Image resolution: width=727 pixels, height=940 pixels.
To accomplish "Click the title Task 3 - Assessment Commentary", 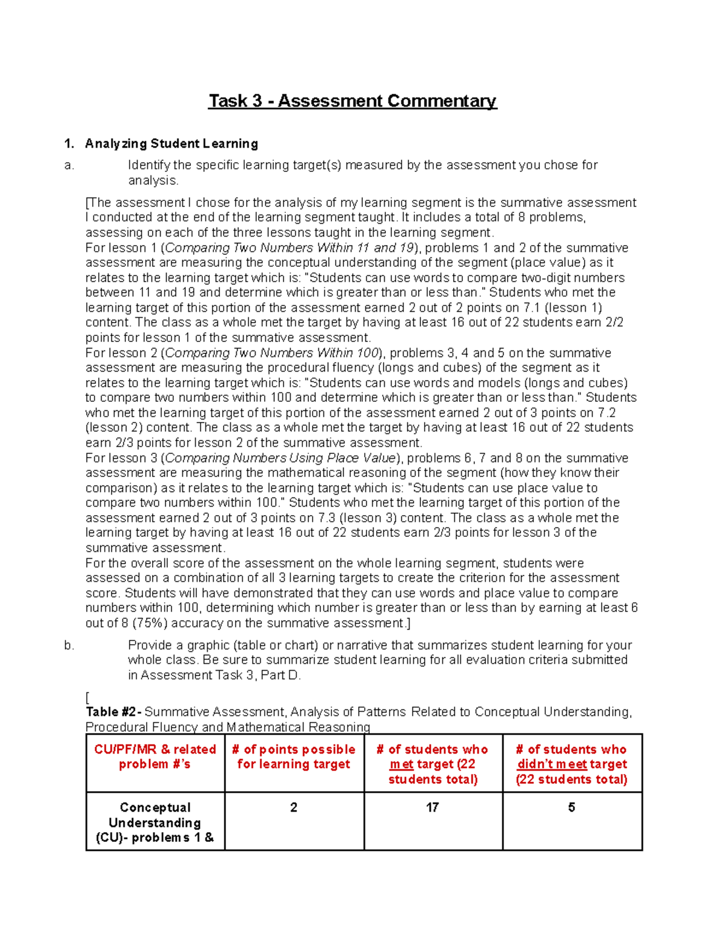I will pos(353,100).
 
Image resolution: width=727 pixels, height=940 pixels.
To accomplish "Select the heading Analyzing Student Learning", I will pos(171,143).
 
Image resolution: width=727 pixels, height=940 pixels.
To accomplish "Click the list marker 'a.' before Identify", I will pos(69,165).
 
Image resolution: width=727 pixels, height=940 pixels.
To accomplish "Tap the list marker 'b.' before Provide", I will pos(69,645).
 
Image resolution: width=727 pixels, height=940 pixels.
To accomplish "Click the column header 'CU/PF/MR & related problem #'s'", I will pos(155,757).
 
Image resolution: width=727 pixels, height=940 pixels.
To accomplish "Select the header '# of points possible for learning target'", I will pos(294,757).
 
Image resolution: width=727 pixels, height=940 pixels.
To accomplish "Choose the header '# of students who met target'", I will pos(433,764).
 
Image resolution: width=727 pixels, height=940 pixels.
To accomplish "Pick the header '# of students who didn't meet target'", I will pos(571,764).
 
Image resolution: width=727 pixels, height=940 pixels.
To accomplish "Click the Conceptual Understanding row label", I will pos(155,822).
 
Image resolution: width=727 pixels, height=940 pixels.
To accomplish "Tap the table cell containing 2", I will pos(294,807).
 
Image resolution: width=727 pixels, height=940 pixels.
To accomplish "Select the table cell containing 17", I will pos(433,807).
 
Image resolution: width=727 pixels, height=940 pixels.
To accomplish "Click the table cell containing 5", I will pos(571,807).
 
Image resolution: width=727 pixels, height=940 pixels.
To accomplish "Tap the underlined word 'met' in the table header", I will pos(402,764).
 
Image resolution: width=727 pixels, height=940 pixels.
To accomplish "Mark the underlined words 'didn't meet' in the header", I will pos(552,764).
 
